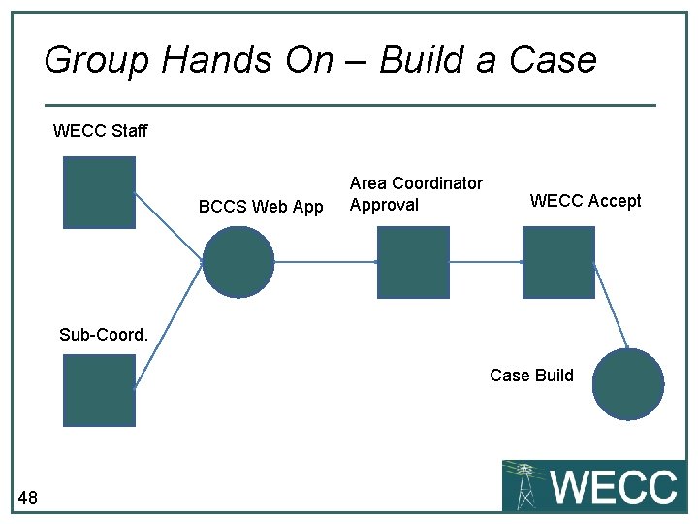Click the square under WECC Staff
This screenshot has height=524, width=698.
99,192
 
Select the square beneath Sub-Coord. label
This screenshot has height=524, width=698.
99,390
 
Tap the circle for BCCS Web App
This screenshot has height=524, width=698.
238,262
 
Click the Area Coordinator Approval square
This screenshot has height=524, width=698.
413,262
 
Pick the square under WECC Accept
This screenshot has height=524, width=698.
558,262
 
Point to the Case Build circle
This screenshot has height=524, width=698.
628,384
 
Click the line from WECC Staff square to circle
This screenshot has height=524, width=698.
169,227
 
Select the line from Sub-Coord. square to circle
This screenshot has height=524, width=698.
169,325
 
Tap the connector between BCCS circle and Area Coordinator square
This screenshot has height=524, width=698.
326,262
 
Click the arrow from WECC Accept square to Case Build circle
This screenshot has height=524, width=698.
611,306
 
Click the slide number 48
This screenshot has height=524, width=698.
27,499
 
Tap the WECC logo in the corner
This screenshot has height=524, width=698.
593,485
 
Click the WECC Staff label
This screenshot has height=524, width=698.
100,131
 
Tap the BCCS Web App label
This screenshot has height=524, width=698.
261,206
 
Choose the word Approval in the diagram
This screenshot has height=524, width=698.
384,205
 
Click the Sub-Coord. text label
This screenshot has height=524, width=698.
104,335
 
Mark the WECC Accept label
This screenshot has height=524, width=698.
586,201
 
